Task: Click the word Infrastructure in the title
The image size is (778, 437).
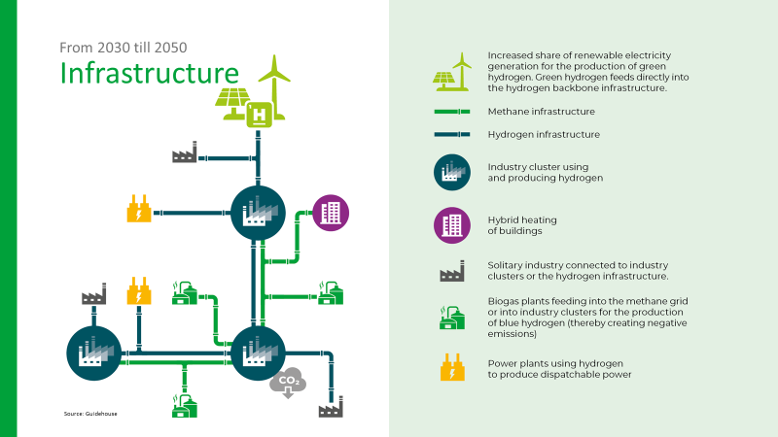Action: (x=149, y=74)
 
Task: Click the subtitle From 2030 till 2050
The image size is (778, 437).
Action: (x=124, y=47)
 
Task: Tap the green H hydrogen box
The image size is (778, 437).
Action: (x=260, y=115)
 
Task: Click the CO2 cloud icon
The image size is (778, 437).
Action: (x=288, y=384)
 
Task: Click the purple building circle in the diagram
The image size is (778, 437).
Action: (x=331, y=213)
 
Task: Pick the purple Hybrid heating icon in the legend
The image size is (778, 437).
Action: (x=451, y=225)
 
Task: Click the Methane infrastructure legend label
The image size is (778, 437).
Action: (x=541, y=113)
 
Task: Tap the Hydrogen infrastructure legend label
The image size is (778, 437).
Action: (x=544, y=134)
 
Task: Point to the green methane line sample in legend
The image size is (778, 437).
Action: (x=451, y=113)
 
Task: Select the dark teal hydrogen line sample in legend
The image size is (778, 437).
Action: (x=451, y=134)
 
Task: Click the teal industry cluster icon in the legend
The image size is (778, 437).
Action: (x=451, y=173)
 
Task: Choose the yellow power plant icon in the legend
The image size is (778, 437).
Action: (x=451, y=368)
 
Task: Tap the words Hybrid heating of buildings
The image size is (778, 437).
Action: (x=522, y=225)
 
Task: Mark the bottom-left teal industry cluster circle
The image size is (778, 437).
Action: (x=93, y=353)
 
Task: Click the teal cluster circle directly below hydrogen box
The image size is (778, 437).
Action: (x=258, y=213)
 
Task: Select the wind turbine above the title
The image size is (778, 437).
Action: (x=275, y=83)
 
